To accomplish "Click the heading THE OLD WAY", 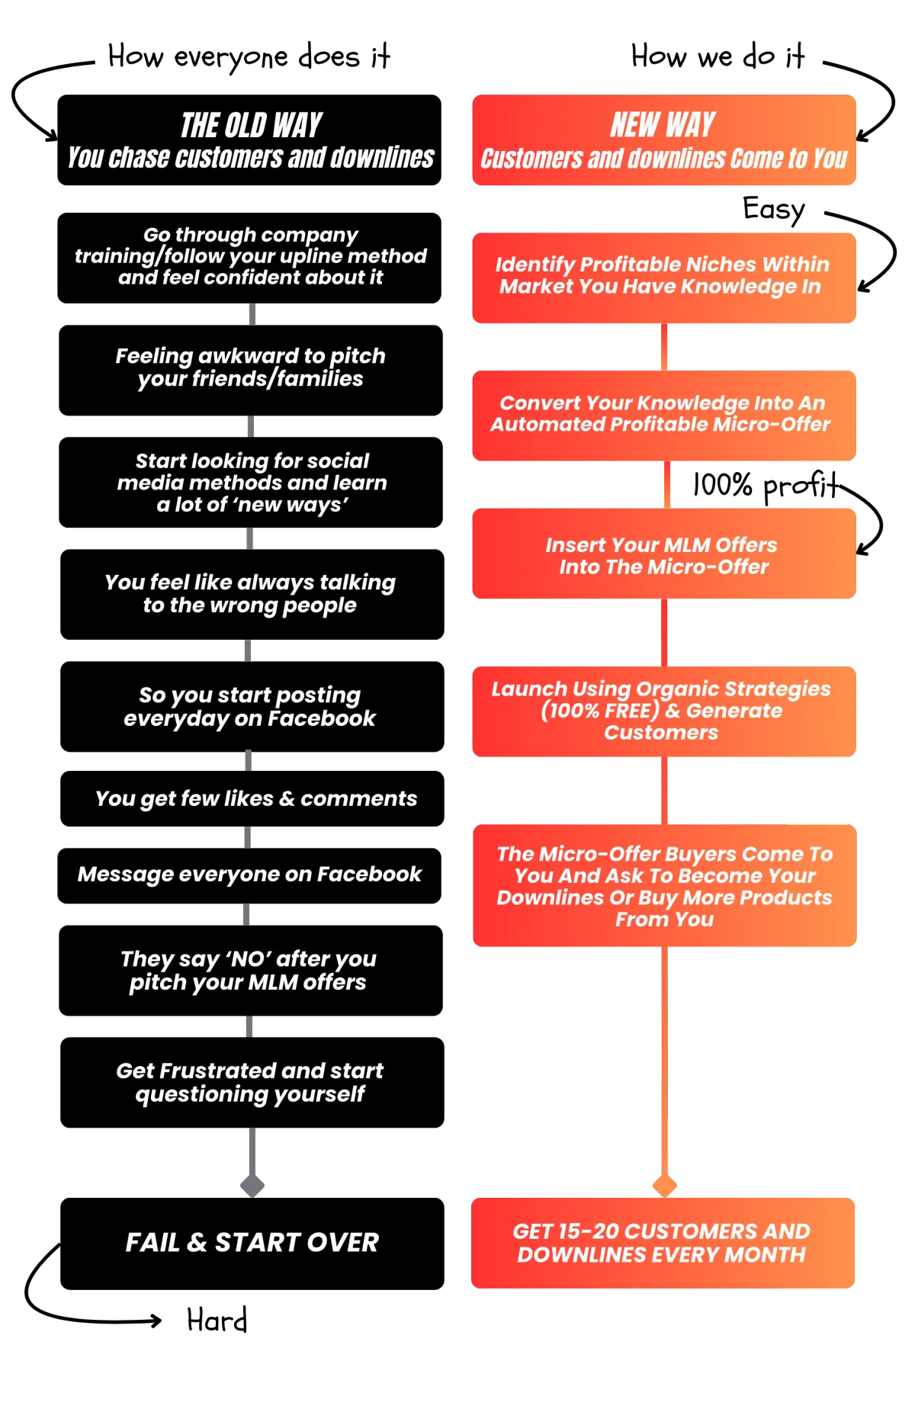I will pyautogui.click(x=251, y=126).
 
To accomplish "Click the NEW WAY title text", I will pyautogui.click(x=663, y=125).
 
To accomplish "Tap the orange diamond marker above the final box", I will pyautogui.click(x=664, y=1186).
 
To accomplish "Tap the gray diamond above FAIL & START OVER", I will pyautogui.click(x=252, y=1186).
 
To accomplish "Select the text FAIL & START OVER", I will pyautogui.click(x=252, y=1242).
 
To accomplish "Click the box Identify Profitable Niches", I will pyautogui.click(x=663, y=276).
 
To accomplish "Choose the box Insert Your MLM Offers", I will pyautogui.click(x=663, y=555).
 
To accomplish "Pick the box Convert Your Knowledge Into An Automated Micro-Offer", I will pyautogui.click(x=663, y=414).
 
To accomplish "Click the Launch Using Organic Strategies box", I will pyautogui.click(x=663, y=711).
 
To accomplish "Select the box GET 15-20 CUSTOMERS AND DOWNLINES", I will pyautogui.click(x=662, y=1242).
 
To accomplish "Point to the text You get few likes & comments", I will pyautogui.click(x=256, y=798).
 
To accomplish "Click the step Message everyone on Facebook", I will pyautogui.click(x=249, y=874).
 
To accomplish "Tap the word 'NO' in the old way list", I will pyautogui.click(x=248, y=958).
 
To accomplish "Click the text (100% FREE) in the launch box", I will pyautogui.click(x=600, y=711).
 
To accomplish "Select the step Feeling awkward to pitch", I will pyautogui.click(x=250, y=367).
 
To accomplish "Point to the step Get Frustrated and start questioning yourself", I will pyautogui.click(x=250, y=1082).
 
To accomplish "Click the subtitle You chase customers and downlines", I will pyautogui.click(x=251, y=158).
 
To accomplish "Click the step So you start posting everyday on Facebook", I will pyautogui.click(x=250, y=706).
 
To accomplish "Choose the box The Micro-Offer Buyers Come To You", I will pyautogui.click(x=664, y=886).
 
